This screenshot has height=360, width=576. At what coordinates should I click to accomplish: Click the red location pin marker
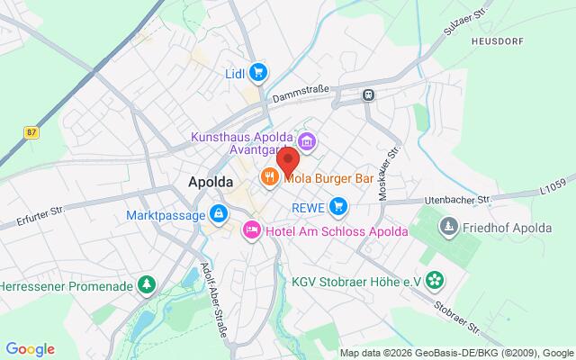[x=288, y=161]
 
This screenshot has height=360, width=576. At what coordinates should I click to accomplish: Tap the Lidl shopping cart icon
[x=258, y=71]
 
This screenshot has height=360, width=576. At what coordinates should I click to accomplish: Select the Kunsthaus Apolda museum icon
[x=306, y=141]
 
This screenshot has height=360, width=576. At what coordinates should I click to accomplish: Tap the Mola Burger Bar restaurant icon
[x=268, y=177]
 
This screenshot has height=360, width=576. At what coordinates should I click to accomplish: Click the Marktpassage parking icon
[x=217, y=214]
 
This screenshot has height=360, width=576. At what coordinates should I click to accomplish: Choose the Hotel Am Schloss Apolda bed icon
[x=252, y=231]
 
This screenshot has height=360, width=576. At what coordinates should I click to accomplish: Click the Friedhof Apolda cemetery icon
[x=448, y=225]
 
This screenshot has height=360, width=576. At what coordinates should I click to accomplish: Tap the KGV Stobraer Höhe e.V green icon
[x=436, y=281]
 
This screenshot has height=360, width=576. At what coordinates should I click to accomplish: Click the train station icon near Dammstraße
[x=368, y=94]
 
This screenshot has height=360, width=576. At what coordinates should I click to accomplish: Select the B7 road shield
[x=32, y=132]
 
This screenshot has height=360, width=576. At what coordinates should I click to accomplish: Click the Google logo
[x=30, y=349]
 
